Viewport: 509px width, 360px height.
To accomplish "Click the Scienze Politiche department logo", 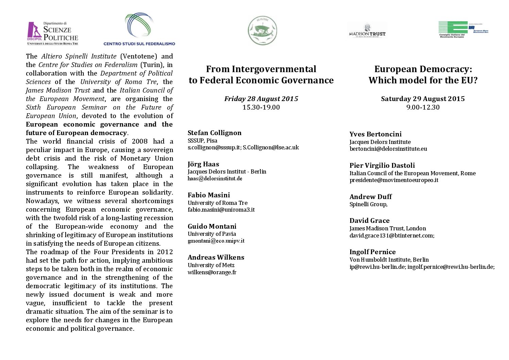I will pyautogui.click(x=53, y=33).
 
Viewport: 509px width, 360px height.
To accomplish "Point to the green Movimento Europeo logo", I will pyautogui.click(x=463, y=30).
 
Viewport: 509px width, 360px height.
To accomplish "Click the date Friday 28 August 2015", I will pyautogui.click(x=261, y=99).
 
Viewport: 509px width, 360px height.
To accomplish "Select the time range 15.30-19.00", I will pyautogui.click(x=261, y=107).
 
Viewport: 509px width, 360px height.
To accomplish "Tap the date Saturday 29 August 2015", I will pyautogui.click(x=423, y=99).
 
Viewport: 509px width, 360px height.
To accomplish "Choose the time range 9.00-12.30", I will pyautogui.click(x=423, y=107).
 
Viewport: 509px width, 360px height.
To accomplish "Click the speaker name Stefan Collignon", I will pyautogui.click(x=215, y=133).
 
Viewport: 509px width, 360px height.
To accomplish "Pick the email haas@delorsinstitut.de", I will pyautogui.click(x=215, y=178).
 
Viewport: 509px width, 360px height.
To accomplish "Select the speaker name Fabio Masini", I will pyautogui.click(x=209, y=195).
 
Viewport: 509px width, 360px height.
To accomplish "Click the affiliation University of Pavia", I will pyautogui.click(x=212, y=234).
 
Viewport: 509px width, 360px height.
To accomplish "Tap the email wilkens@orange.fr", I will pyautogui.click(x=212, y=272).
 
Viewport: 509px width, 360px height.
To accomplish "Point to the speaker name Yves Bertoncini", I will pyautogui.click(x=375, y=134).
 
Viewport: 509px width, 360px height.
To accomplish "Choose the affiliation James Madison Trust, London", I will pyautogui.click(x=388, y=228).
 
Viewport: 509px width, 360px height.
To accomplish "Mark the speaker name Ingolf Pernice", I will pyautogui.click(x=373, y=252).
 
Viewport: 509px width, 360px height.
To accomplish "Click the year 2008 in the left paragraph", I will pyautogui.click(x=139, y=141).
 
